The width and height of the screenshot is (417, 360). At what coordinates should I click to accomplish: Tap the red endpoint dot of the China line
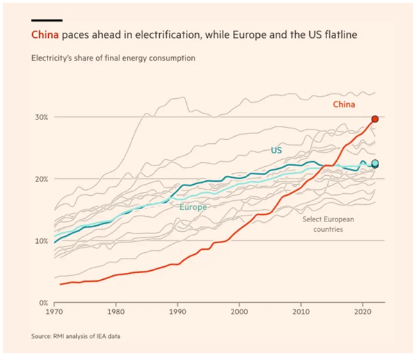[375, 119]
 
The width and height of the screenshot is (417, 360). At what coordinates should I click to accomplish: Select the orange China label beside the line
[344, 104]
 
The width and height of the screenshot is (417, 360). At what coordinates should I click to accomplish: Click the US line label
[276, 150]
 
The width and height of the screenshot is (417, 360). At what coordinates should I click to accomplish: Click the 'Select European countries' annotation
[327, 223]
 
